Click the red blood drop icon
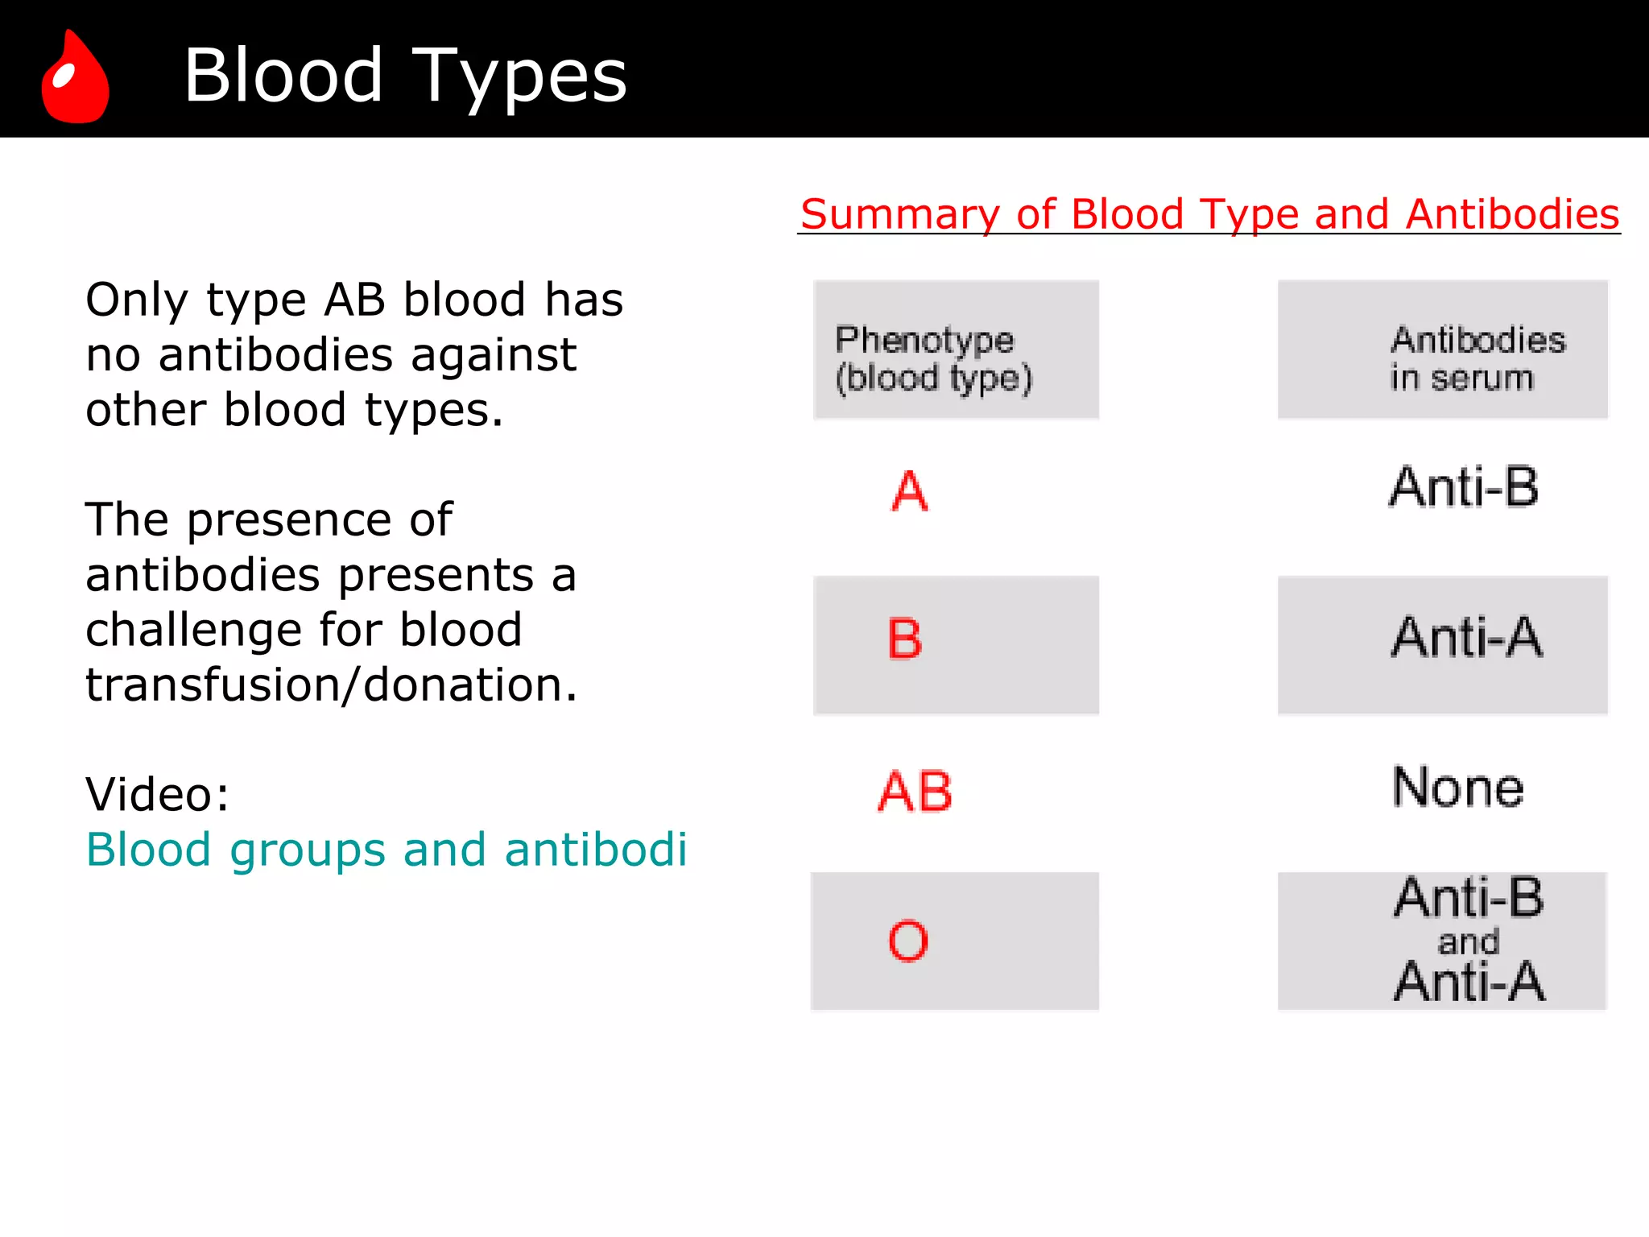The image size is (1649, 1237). click(x=75, y=78)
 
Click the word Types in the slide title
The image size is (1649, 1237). click(x=519, y=77)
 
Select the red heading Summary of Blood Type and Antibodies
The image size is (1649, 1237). click(x=1209, y=214)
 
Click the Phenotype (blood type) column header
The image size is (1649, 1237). click(x=933, y=359)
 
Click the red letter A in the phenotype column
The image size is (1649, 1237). click(x=910, y=491)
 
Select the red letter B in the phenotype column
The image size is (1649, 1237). click(x=904, y=639)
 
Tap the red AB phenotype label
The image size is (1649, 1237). click(x=915, y=792)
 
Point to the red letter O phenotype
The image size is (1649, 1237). click(x=908, y=941)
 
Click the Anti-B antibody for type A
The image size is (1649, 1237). click(x=1464, y=487)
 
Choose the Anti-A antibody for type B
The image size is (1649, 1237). click(x=1466, y=638)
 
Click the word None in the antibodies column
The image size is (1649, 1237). click(x=1458, y=788)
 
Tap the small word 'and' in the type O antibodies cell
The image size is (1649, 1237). click(x=1469, y=941)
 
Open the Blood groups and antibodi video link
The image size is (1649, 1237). click(x=386, y=850)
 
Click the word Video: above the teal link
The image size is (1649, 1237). click(x=158, y=794)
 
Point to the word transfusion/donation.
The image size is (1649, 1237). click(x=332, y=685)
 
